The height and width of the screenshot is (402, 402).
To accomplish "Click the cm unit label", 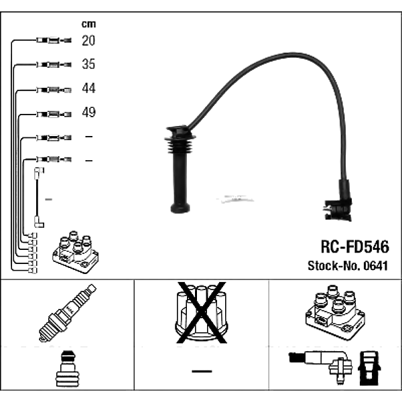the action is tap(88, 24).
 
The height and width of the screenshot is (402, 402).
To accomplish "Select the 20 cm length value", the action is tap(88, 40).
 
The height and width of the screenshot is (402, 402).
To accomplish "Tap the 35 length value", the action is tap(88, 64).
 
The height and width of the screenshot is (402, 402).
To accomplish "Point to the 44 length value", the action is tap(88, 88).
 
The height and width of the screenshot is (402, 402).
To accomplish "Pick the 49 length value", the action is tap(88, 112).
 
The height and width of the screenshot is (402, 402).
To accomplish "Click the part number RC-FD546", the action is tap(355, 247).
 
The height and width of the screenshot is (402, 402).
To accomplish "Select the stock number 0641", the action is tap(376, 265).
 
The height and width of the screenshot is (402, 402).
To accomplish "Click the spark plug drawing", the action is tap(68, 313).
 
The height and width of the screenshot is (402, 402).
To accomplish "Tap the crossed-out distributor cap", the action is tap(202, 312).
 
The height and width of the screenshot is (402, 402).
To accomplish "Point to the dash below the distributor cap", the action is tap(202, 371).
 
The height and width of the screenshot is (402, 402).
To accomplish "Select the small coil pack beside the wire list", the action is tap(76, 252).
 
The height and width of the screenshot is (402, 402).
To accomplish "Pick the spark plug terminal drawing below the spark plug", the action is tap(68, 369).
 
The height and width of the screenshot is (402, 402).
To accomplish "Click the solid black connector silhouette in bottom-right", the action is tap(369, 368).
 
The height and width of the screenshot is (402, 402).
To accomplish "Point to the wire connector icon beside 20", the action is tap(54, 40).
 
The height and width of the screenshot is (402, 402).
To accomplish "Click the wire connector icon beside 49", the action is tap(54, 114).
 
